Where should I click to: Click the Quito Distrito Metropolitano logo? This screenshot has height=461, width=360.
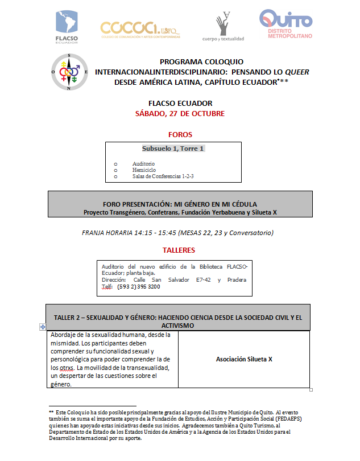285,24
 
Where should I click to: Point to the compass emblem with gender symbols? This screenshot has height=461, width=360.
69,72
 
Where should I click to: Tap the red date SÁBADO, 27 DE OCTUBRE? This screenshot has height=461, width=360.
180,113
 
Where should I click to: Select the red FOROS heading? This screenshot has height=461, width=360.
180,135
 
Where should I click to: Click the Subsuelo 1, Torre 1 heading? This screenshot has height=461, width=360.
173,149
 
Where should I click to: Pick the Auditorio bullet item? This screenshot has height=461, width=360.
143,164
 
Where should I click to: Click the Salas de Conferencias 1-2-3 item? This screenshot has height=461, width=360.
163,176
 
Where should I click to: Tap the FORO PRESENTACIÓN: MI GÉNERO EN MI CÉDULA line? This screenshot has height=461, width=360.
180,204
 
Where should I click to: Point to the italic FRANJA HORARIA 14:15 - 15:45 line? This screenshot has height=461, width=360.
178,232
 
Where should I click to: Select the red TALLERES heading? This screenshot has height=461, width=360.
179,250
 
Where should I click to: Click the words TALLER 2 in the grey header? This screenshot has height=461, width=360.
70,317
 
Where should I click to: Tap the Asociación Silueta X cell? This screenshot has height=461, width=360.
244,359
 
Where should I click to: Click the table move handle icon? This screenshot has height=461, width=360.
43,327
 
